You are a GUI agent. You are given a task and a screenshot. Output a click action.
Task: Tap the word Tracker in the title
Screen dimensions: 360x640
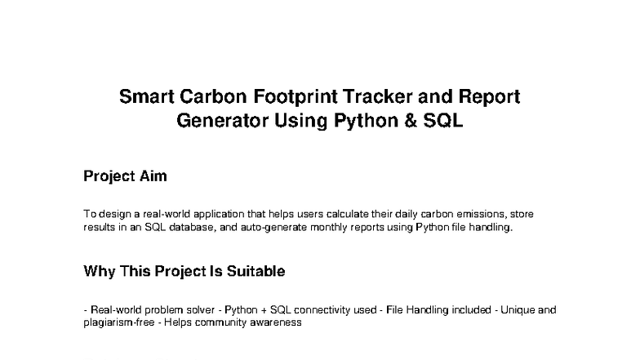383,97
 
